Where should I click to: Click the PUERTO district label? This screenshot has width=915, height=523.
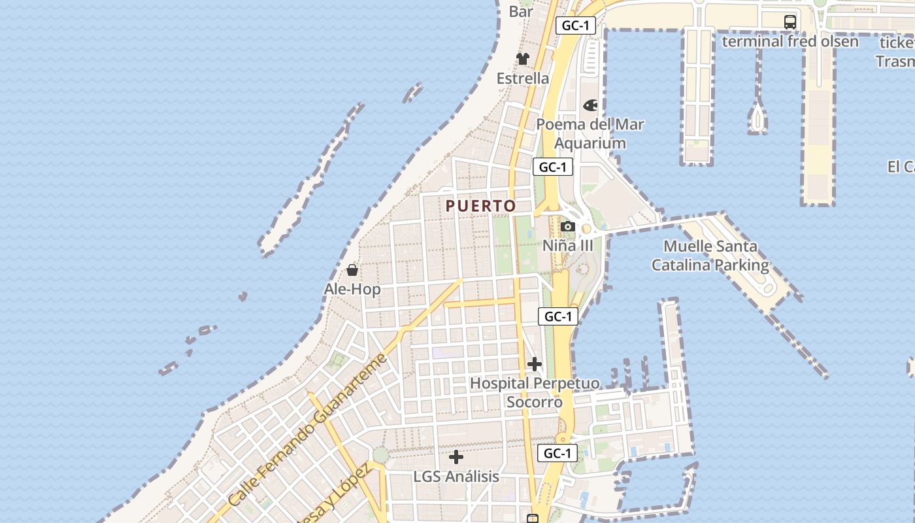pyautogui.click(x=480, y=206)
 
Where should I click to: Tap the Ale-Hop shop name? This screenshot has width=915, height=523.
pyautogui.click(x=352, y=289)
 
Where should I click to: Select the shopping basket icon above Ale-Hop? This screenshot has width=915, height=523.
pyautogui.click(x=352, y=270)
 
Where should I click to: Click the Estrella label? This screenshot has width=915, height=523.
pyautogui.click(x=523, y=78)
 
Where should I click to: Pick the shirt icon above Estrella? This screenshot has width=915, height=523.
pyautogui.click(x=522, y=59)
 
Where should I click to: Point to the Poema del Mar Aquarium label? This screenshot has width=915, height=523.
pyautogui.click(x=590, y=133)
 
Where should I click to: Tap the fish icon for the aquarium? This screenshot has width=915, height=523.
pyautogui.click(x=590, y=105)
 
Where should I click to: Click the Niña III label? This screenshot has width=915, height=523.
pyautogui.click(x=568, y=246)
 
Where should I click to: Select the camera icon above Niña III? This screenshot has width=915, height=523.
pyautogui.click(x=567, y=227)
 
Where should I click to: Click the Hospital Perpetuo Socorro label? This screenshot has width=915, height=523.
pyautogui.click(x=535, y=392)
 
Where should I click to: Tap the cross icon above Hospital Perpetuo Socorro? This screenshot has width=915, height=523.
pyautogui.click(x=535, y=364)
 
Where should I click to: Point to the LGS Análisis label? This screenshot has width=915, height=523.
pyautogui.click(x=456, y=477)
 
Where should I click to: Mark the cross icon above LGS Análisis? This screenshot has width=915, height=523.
pyautogui.click(x=456, y=457)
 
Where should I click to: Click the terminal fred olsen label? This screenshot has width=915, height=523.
pyautogui.click(x=790, y=41)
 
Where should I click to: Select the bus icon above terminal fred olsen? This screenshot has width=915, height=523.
pyautogui.click(x=790, y=22)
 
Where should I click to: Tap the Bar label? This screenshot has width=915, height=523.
pyautogui.click(x=521, y=11)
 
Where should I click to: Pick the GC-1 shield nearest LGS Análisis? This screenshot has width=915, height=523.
pyautogui.click(x=557, y=453)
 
